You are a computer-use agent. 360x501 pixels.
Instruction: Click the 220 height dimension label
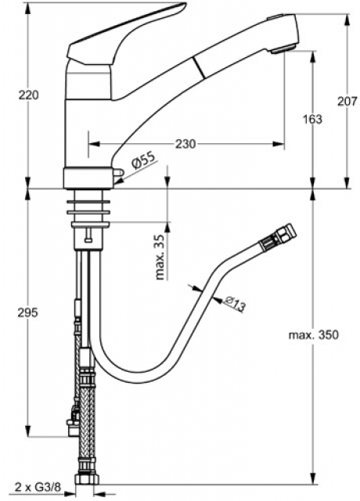tap(28, 95)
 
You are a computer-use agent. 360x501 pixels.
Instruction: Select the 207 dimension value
tap(347, 101)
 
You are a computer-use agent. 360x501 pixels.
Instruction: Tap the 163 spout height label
tap(312, 119)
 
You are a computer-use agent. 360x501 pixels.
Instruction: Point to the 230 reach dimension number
tap(185, 144)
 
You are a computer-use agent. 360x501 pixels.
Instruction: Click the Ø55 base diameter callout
tap(143, 160)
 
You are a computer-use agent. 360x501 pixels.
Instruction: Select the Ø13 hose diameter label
tap(235, 304)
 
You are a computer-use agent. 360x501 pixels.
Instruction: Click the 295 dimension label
tap(28, 312)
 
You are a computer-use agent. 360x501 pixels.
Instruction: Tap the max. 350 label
tap(313, 335)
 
